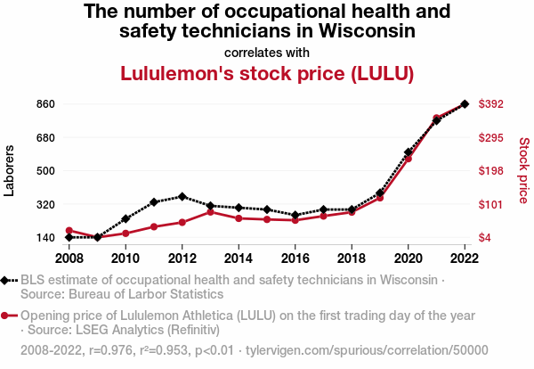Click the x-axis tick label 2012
(x=182, y=258)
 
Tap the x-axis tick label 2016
(x=295, y=258)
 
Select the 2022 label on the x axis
(x=465, y=258)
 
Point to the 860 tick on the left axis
(x=46, y=104)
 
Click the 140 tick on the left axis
(x=46, y=238)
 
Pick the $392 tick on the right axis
(x=492, y=104)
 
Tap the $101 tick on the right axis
(x=492, y=205)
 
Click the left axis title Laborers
(x=10, y=170)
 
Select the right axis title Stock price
(x=523, y=170)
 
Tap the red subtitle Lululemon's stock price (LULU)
(x=267, y=73)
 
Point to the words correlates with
(x=267, y=52)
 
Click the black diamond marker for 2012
(x=182, y=196)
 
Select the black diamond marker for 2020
(x=408, y=152)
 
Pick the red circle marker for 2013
(x=210, y=212)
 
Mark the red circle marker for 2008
(x=69, y=231)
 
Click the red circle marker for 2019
(x=380, y=197)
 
